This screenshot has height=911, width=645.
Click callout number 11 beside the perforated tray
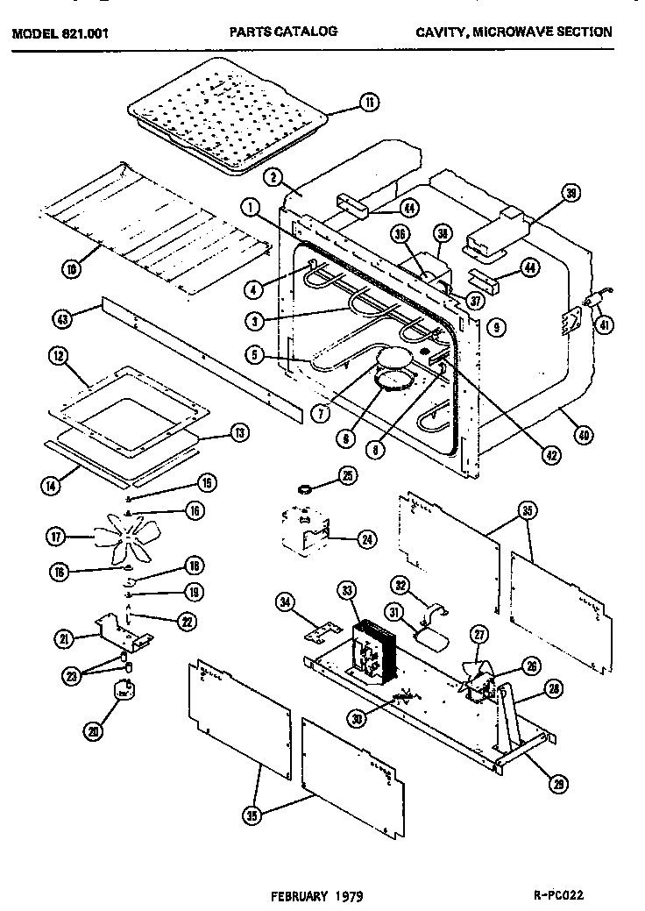coord(369,103)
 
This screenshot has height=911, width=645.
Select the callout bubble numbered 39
coord(571,196)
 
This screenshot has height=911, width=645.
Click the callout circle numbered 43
coord(60,320)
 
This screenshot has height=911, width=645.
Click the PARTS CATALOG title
coord(283,31)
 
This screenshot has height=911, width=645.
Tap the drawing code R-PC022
coord(558,896)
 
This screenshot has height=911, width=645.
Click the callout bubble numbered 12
coord(58,357)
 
